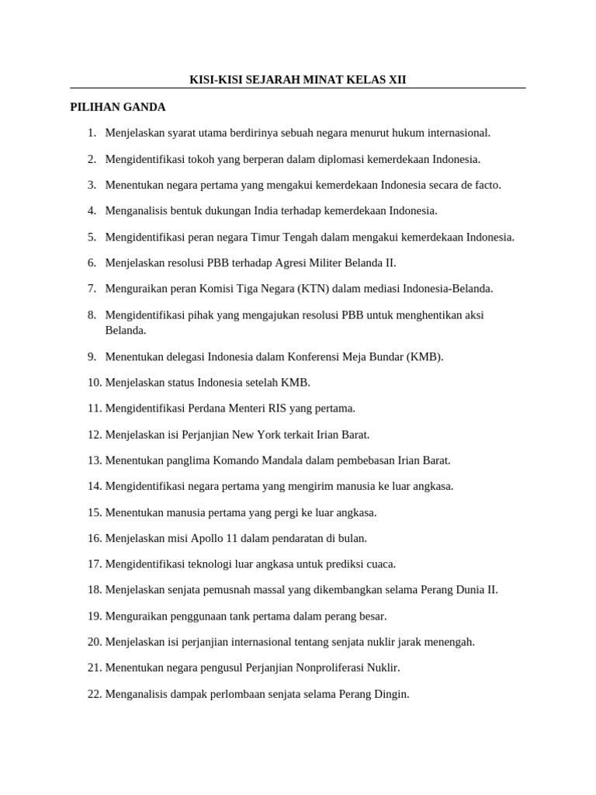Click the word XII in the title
pos(396,80)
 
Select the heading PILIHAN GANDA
pos(118,107)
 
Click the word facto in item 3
pos(485,185)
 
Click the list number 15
pos(95,512)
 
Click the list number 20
pos(95,642)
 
